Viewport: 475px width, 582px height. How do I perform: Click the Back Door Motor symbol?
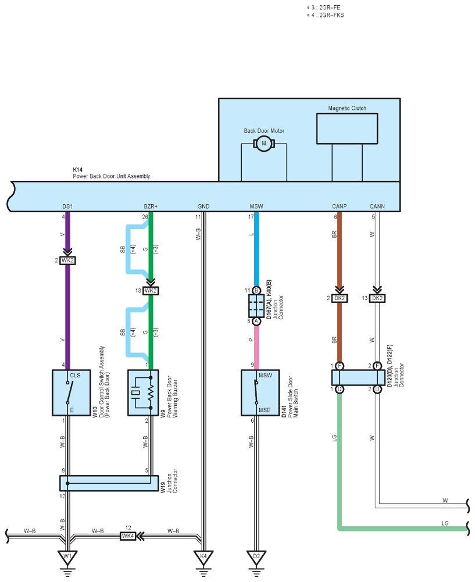click(264, 143)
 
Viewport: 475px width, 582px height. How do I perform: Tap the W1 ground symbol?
click(67, 559)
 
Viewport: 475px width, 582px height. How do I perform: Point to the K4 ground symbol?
click(203, 559)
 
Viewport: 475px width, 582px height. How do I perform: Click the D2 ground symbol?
click(256, 559)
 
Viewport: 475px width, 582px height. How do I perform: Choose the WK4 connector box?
click(128, 536)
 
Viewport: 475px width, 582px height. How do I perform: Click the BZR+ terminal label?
click(151, 206)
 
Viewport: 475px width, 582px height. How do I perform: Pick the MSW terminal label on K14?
click(256, 206)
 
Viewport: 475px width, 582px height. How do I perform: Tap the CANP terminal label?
click(339, 206)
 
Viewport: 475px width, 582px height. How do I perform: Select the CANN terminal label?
click(377, 206)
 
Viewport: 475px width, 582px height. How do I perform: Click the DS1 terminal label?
click(67, 206)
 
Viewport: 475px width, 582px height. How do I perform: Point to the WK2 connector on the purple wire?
click(67, 260)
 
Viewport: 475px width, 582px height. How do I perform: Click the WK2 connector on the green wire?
click(151, 291)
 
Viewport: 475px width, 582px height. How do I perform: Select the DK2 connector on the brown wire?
click(339, 298)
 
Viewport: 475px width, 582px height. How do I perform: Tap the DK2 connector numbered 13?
click(377, 298)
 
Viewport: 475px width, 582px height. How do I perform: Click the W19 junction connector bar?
click(109, 483)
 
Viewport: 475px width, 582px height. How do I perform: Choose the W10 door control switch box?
click(72, 392)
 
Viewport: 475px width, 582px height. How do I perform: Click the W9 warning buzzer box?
click(143, 392)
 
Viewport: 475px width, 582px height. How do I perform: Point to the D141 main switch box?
click(260, 392)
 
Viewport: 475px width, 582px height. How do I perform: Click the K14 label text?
click(77, 170)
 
